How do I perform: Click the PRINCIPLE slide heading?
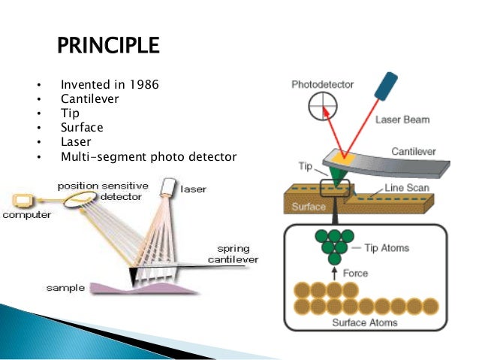point(108,47)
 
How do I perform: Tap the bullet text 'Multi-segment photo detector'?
point(149,157)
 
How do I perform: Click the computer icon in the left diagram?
point(23,201)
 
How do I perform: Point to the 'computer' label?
point(26,216)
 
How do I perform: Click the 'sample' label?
point(65,288)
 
